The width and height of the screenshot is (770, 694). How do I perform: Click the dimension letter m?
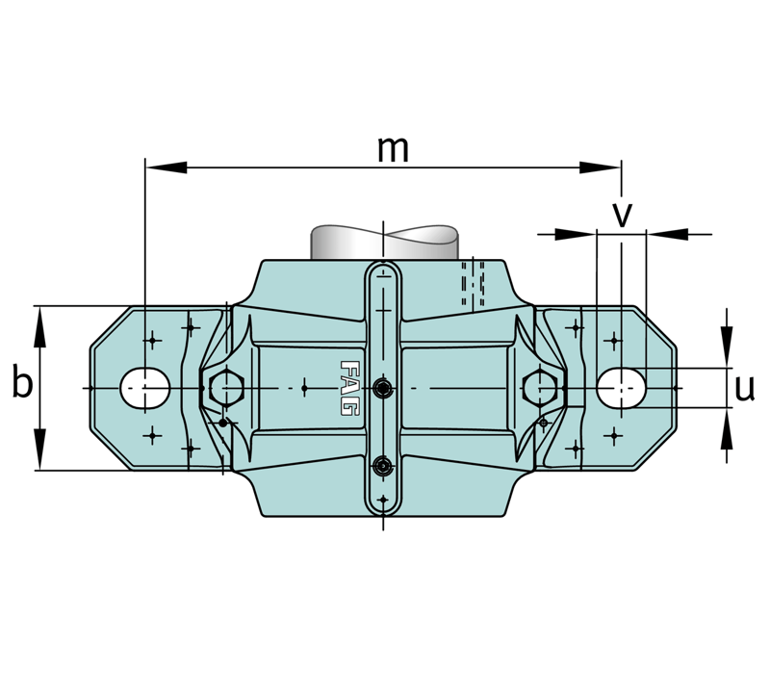click(x=393, y=149)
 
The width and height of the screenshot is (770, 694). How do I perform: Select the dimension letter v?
click(x=622, y=215)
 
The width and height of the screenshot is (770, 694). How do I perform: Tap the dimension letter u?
click(x=744, y=389)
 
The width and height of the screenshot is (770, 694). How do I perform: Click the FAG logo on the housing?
click(x=348, y=389)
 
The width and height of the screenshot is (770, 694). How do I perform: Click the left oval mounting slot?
click(x=145, y=388)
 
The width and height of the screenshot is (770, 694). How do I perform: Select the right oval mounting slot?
click(x=621, y=388)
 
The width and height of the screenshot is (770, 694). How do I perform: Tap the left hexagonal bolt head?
click(x=226, y=388)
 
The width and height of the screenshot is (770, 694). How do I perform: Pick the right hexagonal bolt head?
click(x=540, y=388)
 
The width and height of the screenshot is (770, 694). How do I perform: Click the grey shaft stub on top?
click(x=384, y=243)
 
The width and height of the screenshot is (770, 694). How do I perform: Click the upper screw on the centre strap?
click(x=382, y=389)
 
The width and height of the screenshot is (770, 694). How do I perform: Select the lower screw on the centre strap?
click(x=382, y=465)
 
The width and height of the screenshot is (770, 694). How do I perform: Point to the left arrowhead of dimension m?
click(x=167, y=167)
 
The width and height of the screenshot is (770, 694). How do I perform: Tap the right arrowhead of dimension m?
click(x=600, y=167)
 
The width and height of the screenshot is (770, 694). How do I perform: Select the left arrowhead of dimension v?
click(x=576, y=234)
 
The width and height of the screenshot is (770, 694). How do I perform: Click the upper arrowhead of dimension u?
click(x=727, y=347)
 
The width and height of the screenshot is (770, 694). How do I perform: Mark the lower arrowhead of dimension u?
click(x=727, y=428)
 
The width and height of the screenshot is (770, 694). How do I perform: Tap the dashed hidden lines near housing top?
click(x=473, y=283)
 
